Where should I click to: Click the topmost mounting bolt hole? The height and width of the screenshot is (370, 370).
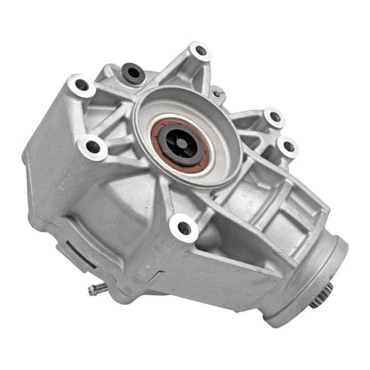coord(199,51)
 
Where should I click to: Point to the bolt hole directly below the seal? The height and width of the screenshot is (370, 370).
coord(184,229)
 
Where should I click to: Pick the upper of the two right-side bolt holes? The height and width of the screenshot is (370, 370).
coord(272,117)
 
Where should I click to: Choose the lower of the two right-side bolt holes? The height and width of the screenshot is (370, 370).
coord(287,146)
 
